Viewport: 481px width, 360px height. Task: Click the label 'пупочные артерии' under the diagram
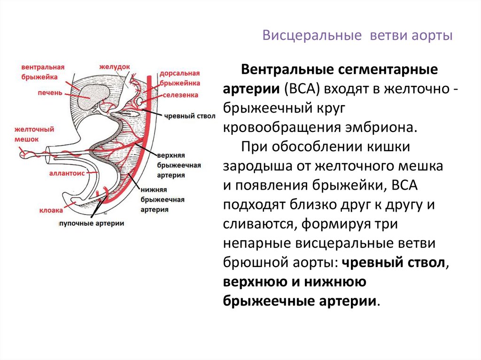[x=92, y=224]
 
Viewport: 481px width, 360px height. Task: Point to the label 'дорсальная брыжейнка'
[x=179, y=78]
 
